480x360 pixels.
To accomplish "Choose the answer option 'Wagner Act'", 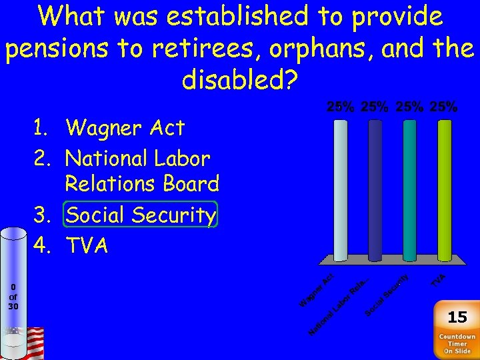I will (125, 127).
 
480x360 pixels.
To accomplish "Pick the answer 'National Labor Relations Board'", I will (141, 171).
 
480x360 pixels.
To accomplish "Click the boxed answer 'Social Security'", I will (141, 215).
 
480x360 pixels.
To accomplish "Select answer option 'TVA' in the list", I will (87, 246).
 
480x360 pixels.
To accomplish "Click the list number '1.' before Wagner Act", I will (45, 127).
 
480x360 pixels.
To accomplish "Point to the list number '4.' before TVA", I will (45, 246).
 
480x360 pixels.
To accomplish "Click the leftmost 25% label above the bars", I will (340, 107).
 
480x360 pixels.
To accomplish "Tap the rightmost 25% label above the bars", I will (444, 107).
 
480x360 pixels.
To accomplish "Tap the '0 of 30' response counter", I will (13, 297).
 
